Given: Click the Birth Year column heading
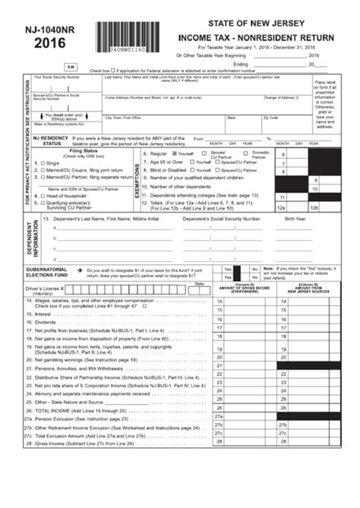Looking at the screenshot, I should pyautogui.click(x=295, y=219).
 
